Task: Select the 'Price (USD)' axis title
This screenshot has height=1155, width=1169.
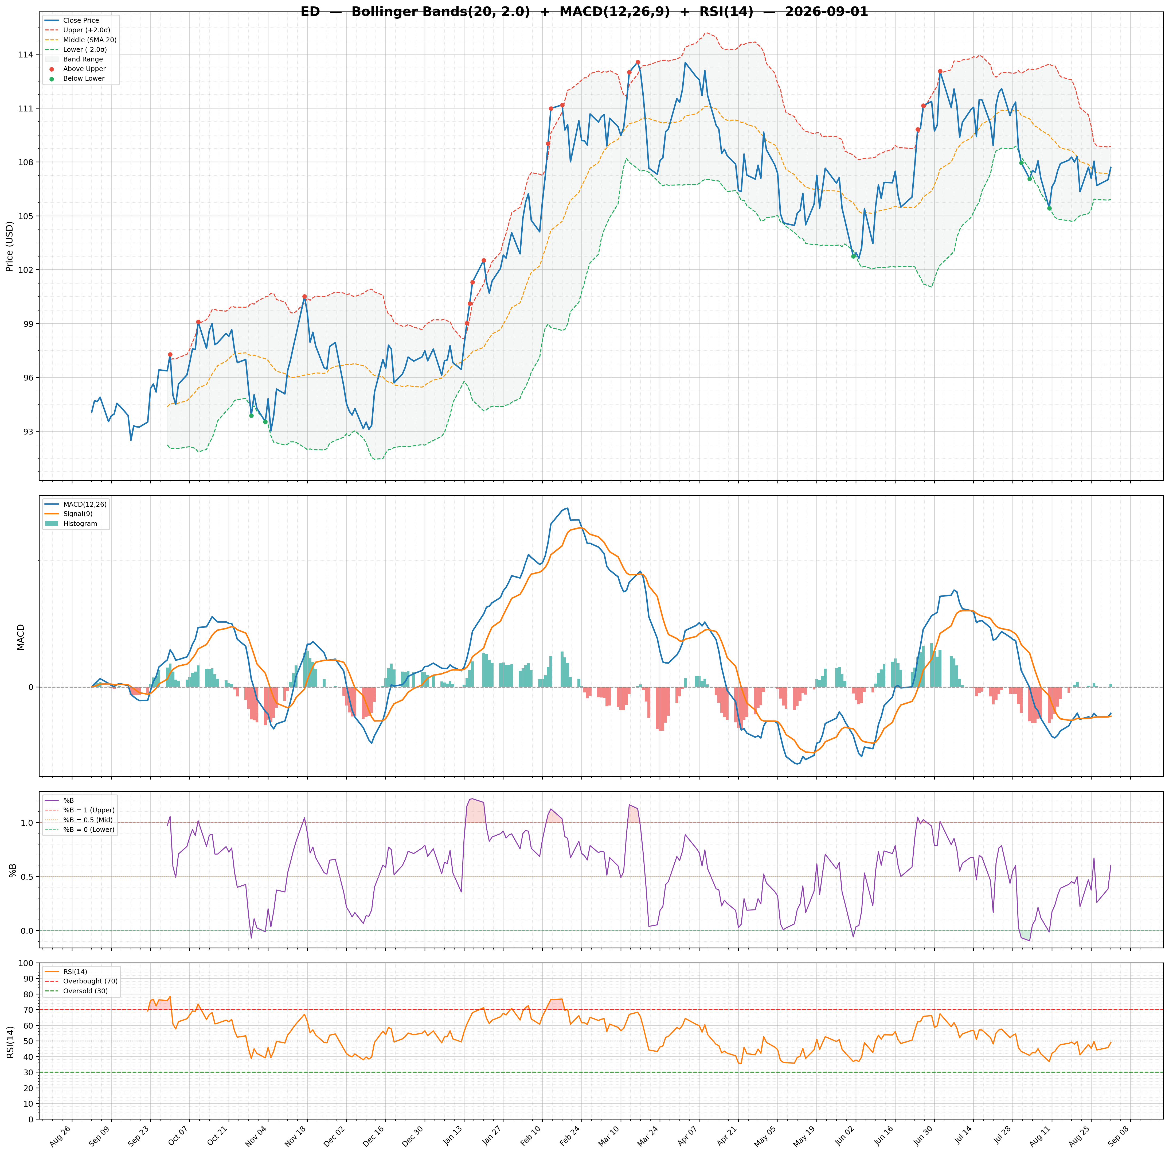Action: [x=10, y=246]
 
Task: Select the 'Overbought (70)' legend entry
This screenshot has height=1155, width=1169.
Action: [x=82, y=981]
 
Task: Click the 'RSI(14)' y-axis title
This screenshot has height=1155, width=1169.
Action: [x=10, y=1042]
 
